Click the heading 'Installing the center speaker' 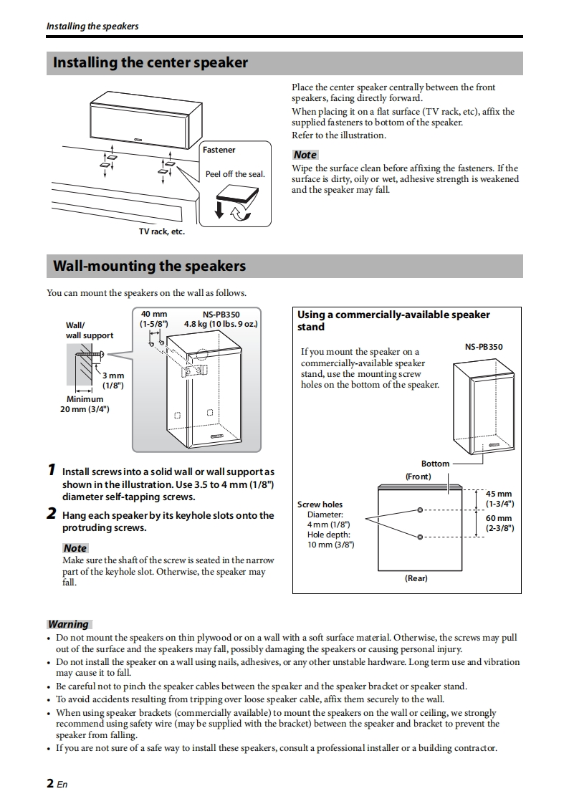[x=150, y=63]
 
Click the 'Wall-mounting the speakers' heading [x=149, y=267]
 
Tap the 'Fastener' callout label [x=219, y=150]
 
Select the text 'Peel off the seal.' [x=235, y=174]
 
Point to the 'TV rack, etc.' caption [x=161, y=231]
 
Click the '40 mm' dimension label [x=153, y=314]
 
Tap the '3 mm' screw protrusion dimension [x=113, y=375]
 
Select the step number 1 [x=51, y=470]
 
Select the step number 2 [x=51, y=513]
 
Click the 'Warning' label [x=68, y=624]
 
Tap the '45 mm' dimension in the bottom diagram [x=499, y=494]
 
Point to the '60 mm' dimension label [x=499, y=518]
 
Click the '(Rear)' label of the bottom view [x=416, y=578]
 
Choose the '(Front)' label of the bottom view [x=418, y=477]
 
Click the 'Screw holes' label [x=320, y=504]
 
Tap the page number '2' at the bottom [x=51, y=783]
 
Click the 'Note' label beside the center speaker [x=305, y=155]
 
